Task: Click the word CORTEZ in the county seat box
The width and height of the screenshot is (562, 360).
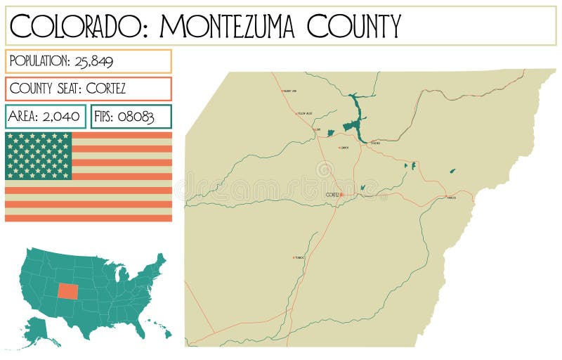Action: point(106,89)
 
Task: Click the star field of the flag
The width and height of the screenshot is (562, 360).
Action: point(39,155)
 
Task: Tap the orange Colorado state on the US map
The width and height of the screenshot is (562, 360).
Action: point(69,291)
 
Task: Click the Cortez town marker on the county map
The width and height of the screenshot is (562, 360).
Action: point(341,195)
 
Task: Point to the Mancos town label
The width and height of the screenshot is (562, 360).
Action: point(452,198)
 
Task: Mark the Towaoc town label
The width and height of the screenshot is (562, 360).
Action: point(300,257)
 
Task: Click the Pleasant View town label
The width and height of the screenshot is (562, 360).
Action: point(289,91)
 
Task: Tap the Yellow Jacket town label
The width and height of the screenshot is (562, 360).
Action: point(305,113)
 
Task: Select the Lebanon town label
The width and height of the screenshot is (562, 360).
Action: point(344,148)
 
